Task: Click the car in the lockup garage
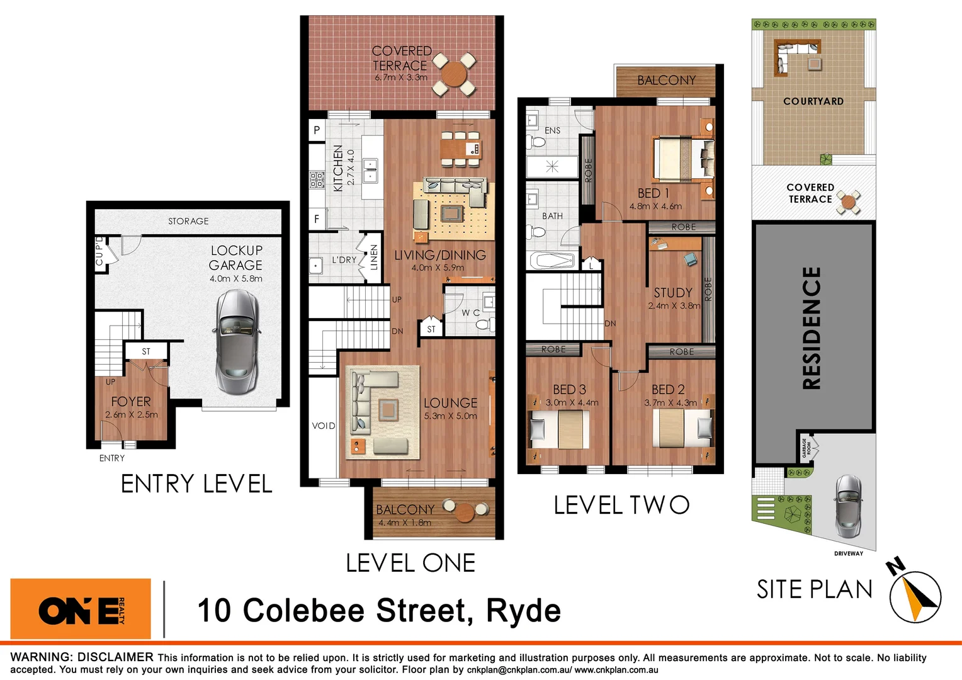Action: pos(237,341)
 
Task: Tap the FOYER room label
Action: pos(131,402)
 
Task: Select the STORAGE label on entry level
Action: pos(188,221)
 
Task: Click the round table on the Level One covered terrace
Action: pos(454,74)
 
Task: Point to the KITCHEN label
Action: pos(338,168)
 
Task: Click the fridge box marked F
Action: pos(317,219)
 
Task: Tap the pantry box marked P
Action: pos(317,130)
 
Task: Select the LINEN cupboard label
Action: pos(374,257)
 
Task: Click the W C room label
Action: pos(470,312)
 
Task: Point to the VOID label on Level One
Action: pos(324,426)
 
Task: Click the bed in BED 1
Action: pos(683,159)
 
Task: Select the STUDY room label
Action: pos(673,293)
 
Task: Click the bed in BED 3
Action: pos(560,429)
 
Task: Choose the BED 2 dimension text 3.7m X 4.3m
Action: pos(671,403)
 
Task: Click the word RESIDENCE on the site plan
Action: pos(812,328)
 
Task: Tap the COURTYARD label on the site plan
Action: pos(813,101)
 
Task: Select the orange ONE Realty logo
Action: pos(81,609)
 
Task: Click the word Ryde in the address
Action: pos(523,611)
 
